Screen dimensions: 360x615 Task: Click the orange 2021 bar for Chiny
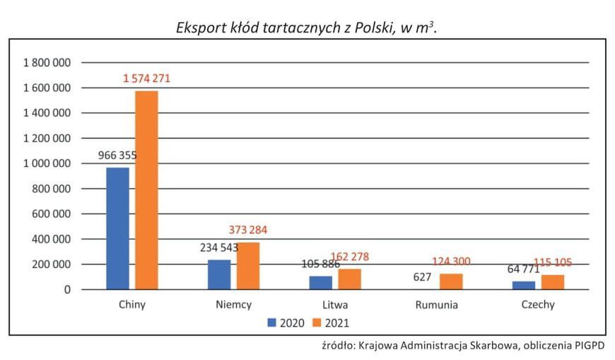tap(146, 190)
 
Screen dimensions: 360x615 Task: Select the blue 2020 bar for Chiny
tap(117, 228)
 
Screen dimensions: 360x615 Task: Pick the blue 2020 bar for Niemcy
tap(219, 274)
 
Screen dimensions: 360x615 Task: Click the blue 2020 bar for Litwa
tap(320, 283)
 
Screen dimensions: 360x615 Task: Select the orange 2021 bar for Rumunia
tap(451, 281)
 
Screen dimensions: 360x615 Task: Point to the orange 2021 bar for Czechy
tap(553, 282)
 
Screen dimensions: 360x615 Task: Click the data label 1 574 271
tap(146, 79)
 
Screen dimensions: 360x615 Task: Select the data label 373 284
tap(248, 230)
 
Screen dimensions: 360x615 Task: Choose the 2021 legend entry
tap(331, 323)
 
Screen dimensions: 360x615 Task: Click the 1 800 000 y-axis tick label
tap(47, 63)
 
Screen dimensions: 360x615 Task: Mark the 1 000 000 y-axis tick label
tap(47, 163)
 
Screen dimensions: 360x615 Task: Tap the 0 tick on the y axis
tap(68, 289)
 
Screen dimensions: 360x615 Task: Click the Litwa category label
tap(335, 306)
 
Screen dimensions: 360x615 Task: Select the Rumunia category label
tap(437, 306)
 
